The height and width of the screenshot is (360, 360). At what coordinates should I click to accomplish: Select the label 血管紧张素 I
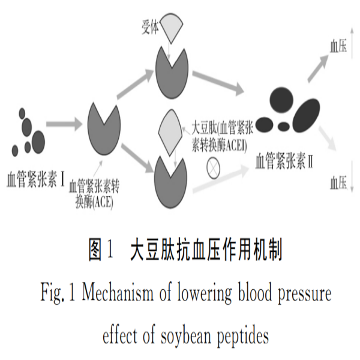(x=35, y=179)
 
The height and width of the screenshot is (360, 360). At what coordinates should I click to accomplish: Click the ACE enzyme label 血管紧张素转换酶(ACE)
(x=94, y=194)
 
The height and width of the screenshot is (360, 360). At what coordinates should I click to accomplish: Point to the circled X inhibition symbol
(x=213, y=168)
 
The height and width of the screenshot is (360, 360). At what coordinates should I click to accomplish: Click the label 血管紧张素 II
(x=284, y=161)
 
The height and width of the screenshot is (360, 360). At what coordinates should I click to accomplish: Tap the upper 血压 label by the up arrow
(x=338, y=46)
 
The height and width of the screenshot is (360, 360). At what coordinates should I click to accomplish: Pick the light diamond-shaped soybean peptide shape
(x=170, y=133)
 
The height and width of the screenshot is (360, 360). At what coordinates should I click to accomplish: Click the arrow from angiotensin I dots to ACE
(x=64, y=124)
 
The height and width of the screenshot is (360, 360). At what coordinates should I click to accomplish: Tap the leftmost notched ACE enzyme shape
(x=104, y=129)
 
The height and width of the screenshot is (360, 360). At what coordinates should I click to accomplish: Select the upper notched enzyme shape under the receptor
(x=172, y=73)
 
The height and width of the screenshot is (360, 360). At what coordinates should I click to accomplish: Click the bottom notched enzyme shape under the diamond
(x=170, y=182)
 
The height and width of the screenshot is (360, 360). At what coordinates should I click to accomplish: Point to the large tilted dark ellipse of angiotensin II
(x=306, y=115)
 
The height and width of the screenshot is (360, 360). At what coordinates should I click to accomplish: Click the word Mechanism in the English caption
(x=118, y=293)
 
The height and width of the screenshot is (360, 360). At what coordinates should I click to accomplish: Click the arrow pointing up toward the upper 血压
(x=318, y=68)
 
